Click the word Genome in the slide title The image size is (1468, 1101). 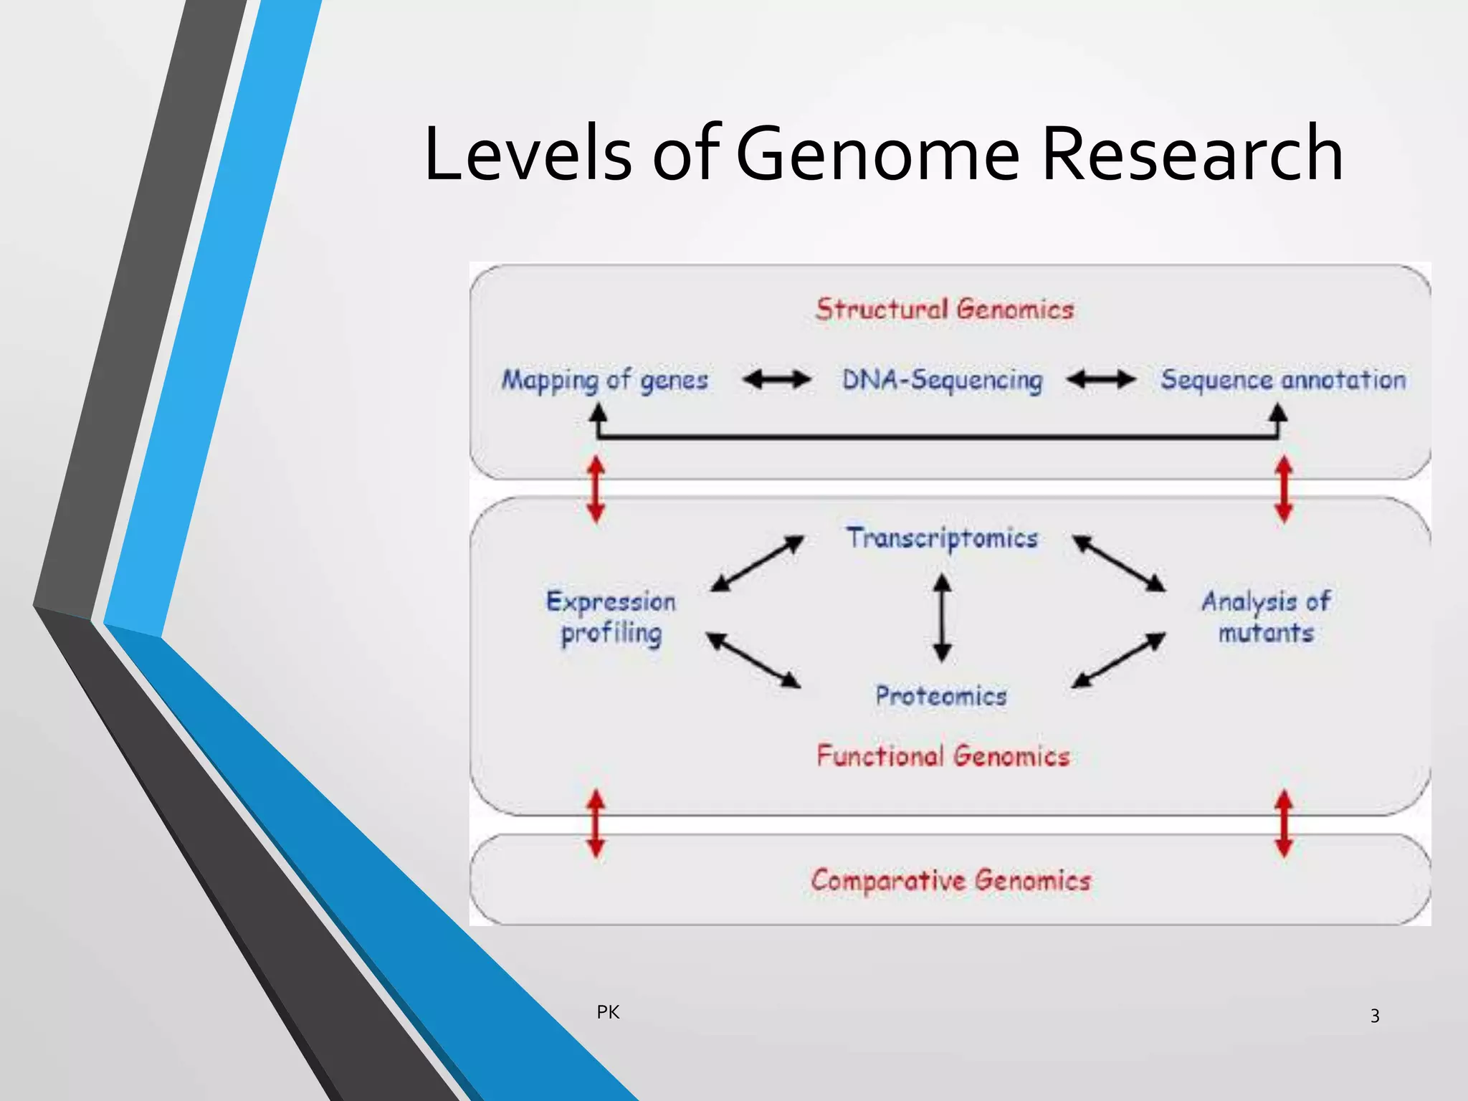tap(877, 153)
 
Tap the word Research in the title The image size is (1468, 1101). tap(1191, 153)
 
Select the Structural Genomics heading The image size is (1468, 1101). tap(944, 310)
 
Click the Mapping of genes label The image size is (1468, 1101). tap(604, 380)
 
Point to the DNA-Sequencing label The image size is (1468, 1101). tap(942, 380)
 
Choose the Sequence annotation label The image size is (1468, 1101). tap(1283, 380)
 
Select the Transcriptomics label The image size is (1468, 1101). tap(942, 538)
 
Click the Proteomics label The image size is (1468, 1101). tap(941, 696)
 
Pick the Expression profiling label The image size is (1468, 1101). tap(611, 617)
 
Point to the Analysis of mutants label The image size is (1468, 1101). tap(1266, 617)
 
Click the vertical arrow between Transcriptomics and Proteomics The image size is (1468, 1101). tap(942, 617)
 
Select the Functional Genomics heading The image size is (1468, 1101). tap(943, 756)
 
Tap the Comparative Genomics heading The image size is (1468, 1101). tap(950, 880)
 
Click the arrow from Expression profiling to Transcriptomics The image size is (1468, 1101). tap(757, 564)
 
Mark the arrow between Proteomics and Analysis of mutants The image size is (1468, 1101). tap(1118, 660)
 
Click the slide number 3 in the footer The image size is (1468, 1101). tap(1375, 1016)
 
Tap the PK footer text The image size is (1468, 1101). tap(608, 1012)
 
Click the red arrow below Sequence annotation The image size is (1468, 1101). tap(1284, 490)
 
